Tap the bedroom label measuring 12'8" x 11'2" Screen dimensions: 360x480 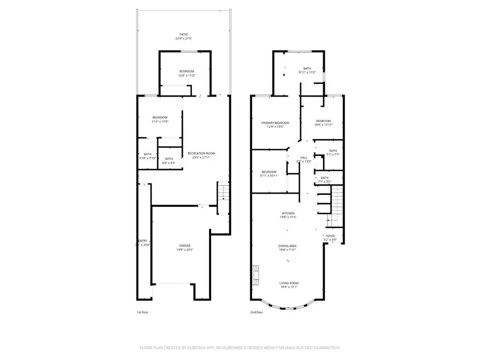point(186,71)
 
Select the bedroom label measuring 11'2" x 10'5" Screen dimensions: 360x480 point(159,117)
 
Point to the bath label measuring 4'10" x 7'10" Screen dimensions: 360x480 point(147,154)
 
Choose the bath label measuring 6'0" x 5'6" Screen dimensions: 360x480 point(169,159)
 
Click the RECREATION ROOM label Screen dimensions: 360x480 point(201,153)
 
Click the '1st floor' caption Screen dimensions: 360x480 point(143,313)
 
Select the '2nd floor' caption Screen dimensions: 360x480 point(257,313)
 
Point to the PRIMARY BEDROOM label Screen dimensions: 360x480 point(275,122)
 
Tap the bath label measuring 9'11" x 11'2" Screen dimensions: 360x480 point(307,68)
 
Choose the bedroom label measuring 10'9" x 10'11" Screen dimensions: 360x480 point(323,121)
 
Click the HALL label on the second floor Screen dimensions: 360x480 point(304,157)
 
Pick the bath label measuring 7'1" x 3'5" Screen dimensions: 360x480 point(324,178)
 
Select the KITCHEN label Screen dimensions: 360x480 point(288,213)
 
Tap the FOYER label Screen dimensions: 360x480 point(330,236)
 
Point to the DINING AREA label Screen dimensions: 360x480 point(288,246)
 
